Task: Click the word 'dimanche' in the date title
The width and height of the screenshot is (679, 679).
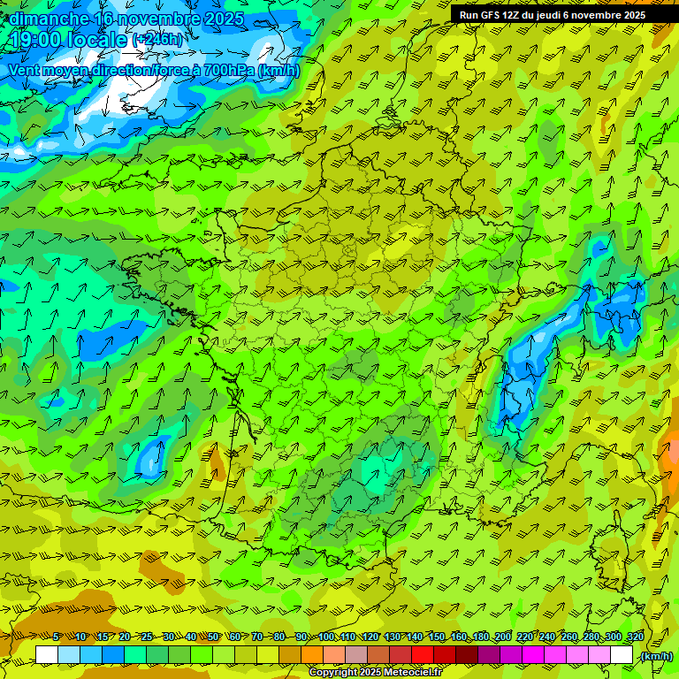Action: point(49,18)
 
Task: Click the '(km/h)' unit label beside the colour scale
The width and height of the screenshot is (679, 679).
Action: point(655,656)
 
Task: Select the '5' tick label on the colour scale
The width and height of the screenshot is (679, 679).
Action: point(57,637)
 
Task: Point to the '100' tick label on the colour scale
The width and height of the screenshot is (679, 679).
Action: point(326,637)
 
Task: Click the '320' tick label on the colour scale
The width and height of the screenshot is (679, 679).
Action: point(635,637)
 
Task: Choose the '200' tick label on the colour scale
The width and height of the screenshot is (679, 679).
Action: point(503,637)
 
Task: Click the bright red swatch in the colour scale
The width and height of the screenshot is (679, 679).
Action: point(422,655)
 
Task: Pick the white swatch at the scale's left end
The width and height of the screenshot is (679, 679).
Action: point(46,655)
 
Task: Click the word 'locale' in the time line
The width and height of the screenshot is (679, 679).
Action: point(98,40)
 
